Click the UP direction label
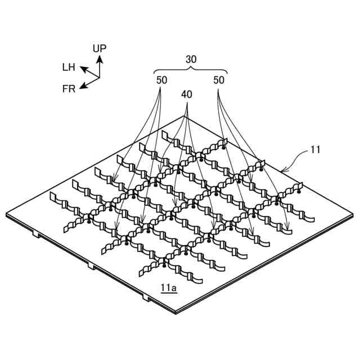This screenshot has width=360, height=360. [100, 48]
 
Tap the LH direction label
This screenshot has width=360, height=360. [69, 67]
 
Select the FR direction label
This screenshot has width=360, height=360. [69, 88]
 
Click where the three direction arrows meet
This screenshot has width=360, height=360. [98, 77]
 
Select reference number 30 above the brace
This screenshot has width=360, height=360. [191, 58]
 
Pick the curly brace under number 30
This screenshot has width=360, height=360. [191, 70]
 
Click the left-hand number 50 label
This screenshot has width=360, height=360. [162, 80]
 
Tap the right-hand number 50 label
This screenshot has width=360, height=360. [219, 80]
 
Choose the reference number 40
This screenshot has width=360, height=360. [187, 94]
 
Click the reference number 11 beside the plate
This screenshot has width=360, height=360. [316, 150]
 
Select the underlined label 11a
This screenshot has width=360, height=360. [168, 289]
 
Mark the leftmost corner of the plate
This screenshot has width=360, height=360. [7, 214]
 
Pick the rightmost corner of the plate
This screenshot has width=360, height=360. [354, 214]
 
